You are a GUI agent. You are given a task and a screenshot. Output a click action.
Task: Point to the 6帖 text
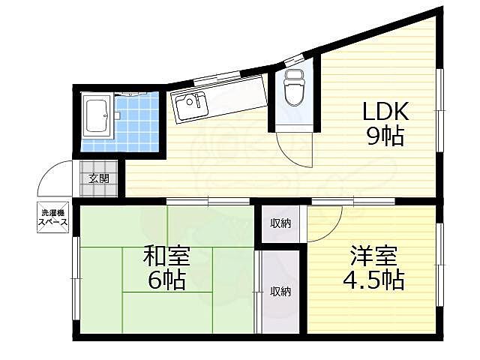point(166,281)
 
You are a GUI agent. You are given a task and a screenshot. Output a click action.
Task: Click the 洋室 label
point(372,256)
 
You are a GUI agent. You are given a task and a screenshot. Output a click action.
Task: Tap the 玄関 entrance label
point(98,178)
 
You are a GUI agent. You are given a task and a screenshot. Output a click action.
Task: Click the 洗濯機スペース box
point(54,216)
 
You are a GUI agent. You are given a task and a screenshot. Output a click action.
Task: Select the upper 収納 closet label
point(280,223)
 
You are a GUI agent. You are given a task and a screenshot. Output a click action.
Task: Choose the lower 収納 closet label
point(280,291)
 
